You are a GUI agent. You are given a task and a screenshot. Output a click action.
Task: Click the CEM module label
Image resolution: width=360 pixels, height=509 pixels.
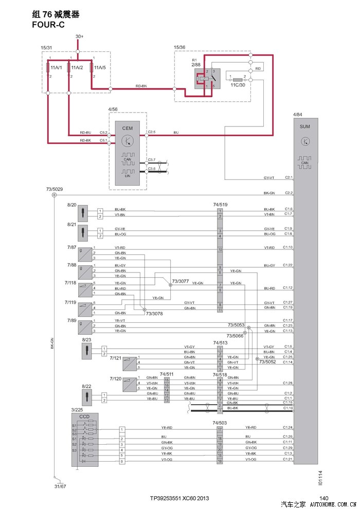click(127, 127)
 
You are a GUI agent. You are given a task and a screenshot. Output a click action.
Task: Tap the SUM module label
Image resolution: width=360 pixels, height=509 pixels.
click(305, 126)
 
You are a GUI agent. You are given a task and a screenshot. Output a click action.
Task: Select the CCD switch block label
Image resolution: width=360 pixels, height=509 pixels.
click(77, 415)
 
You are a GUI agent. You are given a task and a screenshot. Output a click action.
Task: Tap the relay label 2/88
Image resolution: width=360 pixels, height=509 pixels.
click(196, 65)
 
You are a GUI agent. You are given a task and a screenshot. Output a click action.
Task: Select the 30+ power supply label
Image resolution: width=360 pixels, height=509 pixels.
click(79, 37)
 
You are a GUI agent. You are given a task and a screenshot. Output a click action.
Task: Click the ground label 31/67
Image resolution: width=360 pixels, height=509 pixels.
click(60, 486)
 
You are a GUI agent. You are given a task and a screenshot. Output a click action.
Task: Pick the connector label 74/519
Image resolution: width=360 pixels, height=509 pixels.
click(220, 205)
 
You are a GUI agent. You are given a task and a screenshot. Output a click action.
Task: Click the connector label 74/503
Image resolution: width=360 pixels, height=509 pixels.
click(220, 423)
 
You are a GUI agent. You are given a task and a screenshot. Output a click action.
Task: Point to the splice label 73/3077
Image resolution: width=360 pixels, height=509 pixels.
click(180, 281)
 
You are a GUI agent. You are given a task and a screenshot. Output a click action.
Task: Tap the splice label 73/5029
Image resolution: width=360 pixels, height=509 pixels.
click(54, 189)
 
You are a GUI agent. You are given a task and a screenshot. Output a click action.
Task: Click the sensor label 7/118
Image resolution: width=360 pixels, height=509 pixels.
click(70, 283)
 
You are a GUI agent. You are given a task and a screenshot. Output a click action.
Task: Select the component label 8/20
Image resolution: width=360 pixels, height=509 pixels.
click(71, 205)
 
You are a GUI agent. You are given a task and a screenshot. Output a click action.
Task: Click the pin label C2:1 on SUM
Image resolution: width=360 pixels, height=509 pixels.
click(287, 178)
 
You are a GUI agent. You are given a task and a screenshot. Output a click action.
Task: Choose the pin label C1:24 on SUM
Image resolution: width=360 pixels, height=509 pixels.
click(287, 428)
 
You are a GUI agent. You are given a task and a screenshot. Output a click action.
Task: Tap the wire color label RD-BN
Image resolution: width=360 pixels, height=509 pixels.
click(141, 86)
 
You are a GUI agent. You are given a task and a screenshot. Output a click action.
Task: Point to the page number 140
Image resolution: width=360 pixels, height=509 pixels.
click(323, 497)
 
